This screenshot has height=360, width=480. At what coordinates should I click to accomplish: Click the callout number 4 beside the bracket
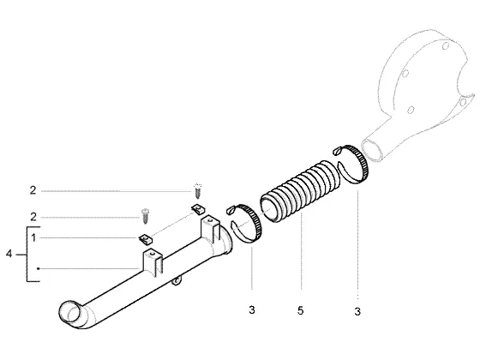pyautogui.click(x=9, y=254)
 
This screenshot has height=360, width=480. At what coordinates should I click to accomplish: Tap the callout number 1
pyautogui.click(x=33, y=237)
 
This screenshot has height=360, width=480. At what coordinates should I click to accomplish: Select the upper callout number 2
pyautogui.click(x=33, y=190)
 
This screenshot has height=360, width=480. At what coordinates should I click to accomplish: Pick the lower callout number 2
pyautogui.click(x=33, y=217)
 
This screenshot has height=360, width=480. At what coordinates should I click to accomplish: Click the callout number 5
pyautogui.click(x=300, y=310)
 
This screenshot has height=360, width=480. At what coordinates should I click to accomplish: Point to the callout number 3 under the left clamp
pyautogui.click(x=252, y=309)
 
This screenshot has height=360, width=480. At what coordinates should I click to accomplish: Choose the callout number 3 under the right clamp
pyautogui.click(x=357, y=311)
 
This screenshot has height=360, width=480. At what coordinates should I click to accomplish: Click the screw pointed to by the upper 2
pyautogui.click(x=197, y=191)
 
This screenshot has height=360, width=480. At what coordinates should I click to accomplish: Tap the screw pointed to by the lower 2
pyautogui.click(x=146, y=216)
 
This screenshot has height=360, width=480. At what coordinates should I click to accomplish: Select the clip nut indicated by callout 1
pyautogui.click(x=145, y=239)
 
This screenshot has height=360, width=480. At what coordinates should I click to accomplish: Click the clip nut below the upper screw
pyautogui.click(x=198, y=209)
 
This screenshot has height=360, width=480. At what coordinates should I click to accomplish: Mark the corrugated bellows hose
pyautogui.click(x=300, y=190)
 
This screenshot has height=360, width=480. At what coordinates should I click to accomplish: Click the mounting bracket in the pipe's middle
pyautogui.click(x=153, y=262)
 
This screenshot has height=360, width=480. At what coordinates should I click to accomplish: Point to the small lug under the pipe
pyautogui.click(x=177, y=280)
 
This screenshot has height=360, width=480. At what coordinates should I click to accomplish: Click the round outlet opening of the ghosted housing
pyautogui.click(x=372, y=149)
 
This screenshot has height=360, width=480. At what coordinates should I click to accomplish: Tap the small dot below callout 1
pyautogui.click(x=38, y=269)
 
